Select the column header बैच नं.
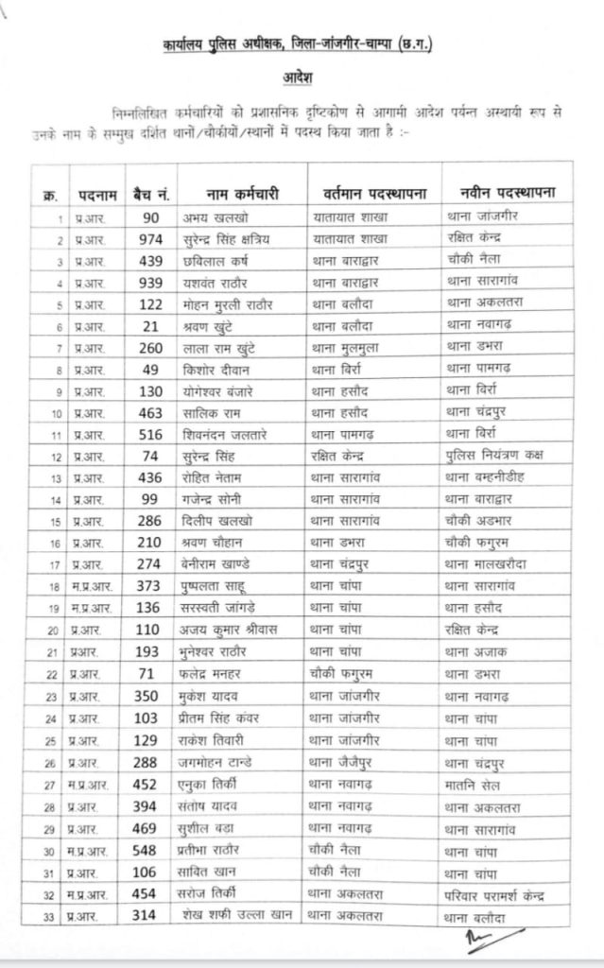point(148,194)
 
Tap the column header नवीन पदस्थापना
point(500,193)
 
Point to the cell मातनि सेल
point(475,784)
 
